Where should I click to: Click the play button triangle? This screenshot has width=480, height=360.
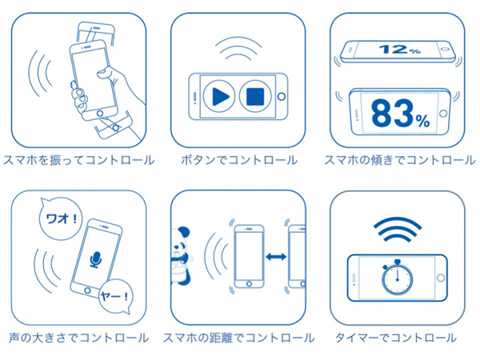coord(221,97)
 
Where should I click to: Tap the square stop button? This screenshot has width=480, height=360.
coord(255,97)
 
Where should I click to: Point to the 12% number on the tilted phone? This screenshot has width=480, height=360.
coord(399,50)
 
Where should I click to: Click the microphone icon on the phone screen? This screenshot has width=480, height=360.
coord(96,259)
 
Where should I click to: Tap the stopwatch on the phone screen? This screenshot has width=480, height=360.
coord(397,277)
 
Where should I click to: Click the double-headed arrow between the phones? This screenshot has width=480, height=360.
coord(276,257)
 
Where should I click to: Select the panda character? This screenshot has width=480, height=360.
coord(180,255)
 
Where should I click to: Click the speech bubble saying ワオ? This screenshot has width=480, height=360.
coord(61,218)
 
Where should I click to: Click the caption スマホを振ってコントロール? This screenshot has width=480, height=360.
coord(78,160)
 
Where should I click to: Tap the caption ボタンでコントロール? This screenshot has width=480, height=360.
coord(239,160)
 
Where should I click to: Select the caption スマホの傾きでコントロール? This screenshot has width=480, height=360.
coord(400,160)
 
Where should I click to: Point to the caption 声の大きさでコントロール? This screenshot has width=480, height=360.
coord(78,338)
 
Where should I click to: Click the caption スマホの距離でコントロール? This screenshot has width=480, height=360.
coord(238,338)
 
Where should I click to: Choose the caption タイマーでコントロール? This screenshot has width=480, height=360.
coord(396,338)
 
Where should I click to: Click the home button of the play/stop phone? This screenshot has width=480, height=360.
coord(282,97)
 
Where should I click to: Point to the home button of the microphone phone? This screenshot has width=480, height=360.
coord(87,290)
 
